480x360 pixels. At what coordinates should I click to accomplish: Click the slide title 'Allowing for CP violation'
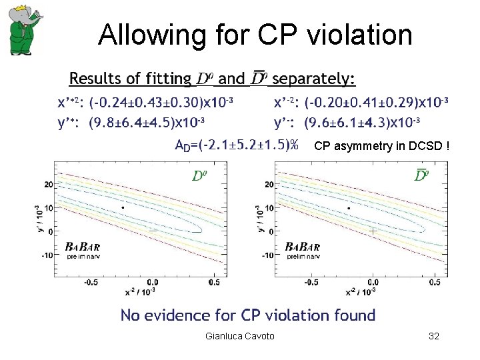(255, 35)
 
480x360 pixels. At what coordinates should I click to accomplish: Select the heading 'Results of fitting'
(129, 79)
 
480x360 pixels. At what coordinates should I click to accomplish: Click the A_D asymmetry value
(236, 145)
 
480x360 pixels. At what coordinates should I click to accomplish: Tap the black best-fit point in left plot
(123, 208)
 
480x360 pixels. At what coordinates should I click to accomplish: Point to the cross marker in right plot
(373, 231)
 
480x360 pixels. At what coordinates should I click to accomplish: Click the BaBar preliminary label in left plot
(83, 251)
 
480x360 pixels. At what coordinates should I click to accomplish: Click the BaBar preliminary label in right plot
(305, 251)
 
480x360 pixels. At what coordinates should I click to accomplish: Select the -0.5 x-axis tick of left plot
(91, 282)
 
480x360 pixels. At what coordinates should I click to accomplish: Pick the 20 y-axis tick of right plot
(269, 184)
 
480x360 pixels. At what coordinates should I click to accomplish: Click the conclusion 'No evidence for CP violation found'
(247, 315)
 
